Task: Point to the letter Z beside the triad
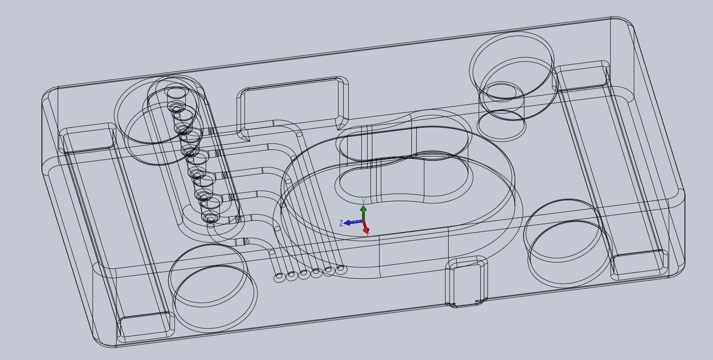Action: click(x=341, y=223)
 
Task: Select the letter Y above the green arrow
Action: click(x=363, y=202)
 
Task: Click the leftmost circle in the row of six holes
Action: click(x=279, y=277)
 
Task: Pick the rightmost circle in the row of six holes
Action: click(x=341, y=269)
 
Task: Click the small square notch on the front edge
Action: click(x=466, y=282)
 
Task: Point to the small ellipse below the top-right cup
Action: click(x=501, y=125)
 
